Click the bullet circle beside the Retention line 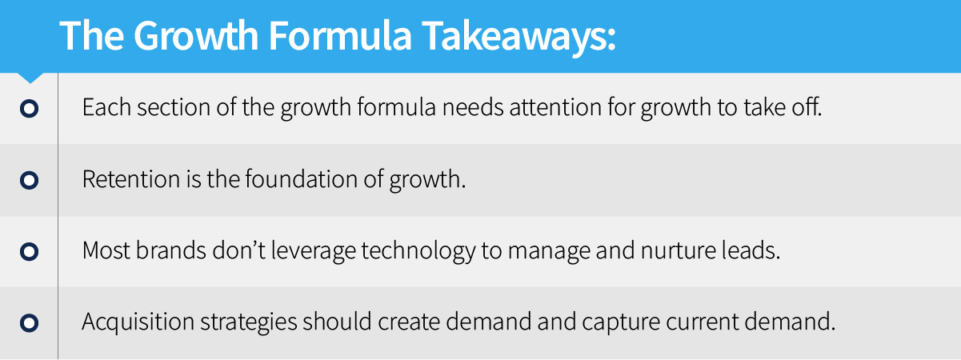click(30, 180)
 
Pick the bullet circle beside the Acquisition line click(30, 323)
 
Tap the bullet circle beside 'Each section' click(30, 108)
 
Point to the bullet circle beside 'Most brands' click(30, 252)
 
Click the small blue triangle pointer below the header click(30, 78)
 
